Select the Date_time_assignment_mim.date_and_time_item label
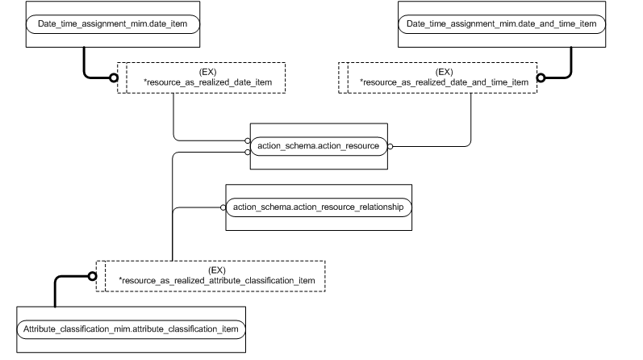pos(501,24)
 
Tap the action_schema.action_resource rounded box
pos(319,146)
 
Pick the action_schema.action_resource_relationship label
pos(319,207)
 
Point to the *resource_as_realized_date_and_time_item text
pos(444,82)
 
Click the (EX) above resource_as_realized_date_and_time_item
pos(444,72)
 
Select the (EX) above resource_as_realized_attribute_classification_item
pos(216,270)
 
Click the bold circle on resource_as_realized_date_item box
pos(114,78)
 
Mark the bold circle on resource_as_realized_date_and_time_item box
pos(541,78)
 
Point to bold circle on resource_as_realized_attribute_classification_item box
pos(92,276)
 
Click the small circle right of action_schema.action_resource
pos(390,146)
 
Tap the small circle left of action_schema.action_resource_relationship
pos(223,207)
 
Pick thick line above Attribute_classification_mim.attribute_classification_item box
pos(55,291)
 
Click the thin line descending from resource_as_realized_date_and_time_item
pos(471,121)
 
